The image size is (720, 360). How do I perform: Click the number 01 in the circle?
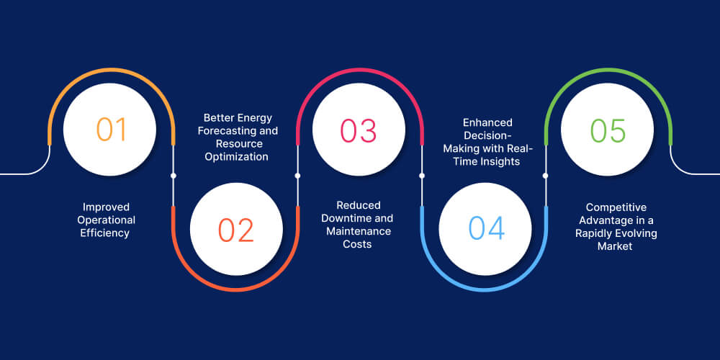[x=111, y=130]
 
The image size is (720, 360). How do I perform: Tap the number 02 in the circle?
[x=236, y=230]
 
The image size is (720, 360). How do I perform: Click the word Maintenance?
[x=359, y=231]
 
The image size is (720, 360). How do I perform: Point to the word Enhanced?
[x=488, y=123]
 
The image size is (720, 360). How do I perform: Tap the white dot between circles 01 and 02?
[x=174, y=176]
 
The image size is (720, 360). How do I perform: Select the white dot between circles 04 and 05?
[x=545, y=176]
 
